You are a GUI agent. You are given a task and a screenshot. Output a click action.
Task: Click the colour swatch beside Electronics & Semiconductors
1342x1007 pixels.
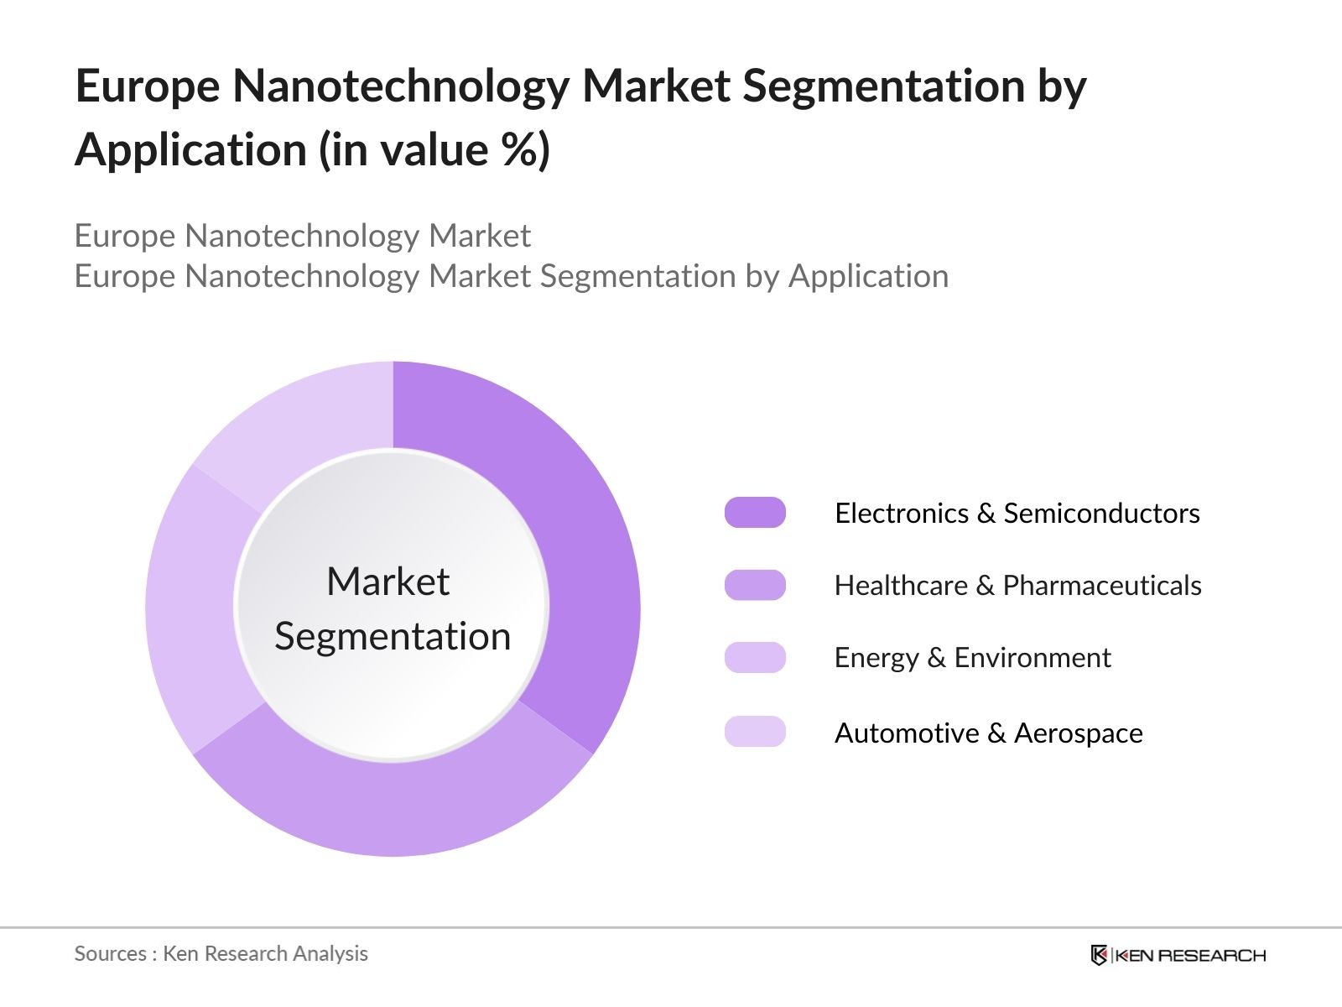(755, 512)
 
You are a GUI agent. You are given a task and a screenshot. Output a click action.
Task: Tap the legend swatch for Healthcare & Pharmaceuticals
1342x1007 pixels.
(755, 585)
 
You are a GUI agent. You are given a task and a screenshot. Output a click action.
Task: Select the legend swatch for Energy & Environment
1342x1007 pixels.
(755, 657)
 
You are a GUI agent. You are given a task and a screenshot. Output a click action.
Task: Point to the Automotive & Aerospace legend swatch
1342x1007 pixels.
(755, 732)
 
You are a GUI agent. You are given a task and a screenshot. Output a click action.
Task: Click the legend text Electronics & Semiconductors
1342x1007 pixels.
(1017, 513)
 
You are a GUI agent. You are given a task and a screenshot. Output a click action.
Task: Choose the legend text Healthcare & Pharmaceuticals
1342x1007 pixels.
(1017, 585)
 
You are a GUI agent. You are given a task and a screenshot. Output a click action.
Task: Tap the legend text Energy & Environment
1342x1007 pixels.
(972, 657)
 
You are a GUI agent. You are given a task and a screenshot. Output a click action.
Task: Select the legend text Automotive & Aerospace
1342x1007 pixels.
(988, 733)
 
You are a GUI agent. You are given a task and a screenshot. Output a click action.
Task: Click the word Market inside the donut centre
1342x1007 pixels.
(388, 581)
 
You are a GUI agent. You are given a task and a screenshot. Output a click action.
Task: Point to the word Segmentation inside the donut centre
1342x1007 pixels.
(393, 636)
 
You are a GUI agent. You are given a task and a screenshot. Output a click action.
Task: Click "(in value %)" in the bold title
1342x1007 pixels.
(434, 149)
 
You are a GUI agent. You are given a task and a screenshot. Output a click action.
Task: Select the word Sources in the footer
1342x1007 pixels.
(110, 953)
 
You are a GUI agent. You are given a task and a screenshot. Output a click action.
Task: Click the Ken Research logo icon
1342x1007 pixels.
(1099, 955)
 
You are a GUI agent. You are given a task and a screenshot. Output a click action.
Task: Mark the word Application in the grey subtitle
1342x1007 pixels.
(868, 276)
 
